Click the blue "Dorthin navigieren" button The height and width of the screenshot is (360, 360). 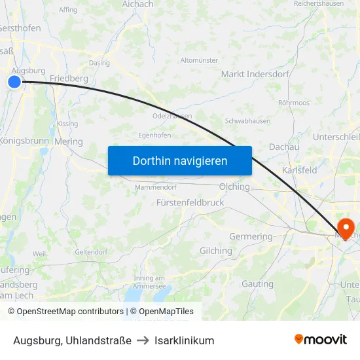click(179, 160)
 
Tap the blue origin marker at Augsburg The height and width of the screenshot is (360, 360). click(14, 82)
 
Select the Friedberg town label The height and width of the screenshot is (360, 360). click(69, 79)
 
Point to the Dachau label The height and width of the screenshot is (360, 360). click(283, 148)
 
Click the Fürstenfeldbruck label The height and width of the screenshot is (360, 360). click(190, 203)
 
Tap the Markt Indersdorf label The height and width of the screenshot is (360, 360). click(255, 74)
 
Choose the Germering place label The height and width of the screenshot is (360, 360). click(251, 236)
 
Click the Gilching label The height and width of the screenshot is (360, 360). click(215, 251)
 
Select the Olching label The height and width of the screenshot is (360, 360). click(234, 187)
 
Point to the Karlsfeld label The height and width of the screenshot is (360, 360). click(299, 170)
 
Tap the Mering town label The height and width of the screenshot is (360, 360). click(69, 141)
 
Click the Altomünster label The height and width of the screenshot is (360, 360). click(199, 60)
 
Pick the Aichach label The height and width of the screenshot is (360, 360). click(137, 5)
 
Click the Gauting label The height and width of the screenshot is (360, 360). click(257, 284)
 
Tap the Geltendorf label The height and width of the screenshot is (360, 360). click(91, 251)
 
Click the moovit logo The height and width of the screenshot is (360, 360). click(320, 340)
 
